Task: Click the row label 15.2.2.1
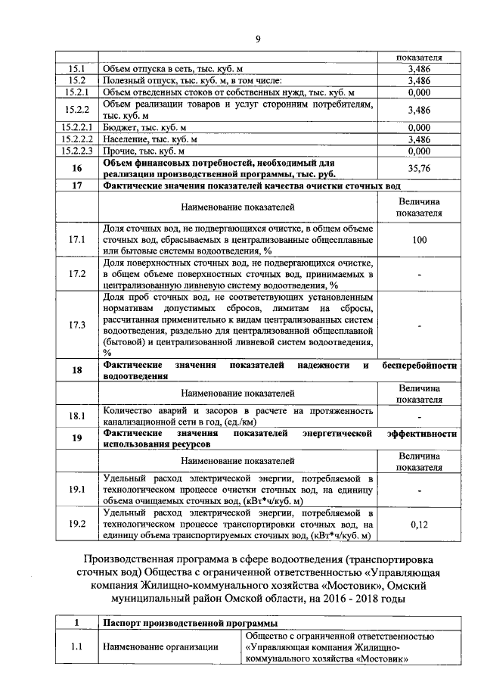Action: point(76,128)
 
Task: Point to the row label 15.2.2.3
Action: point(76,151)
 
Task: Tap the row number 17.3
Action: point(76,325)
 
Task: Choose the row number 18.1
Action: point(76,416)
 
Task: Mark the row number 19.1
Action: point(76,490)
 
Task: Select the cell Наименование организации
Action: point(160,647)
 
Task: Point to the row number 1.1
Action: point(76,647)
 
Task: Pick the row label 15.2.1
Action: point(76,92)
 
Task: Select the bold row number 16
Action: point(76,168)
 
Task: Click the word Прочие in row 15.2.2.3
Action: point(117,151)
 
